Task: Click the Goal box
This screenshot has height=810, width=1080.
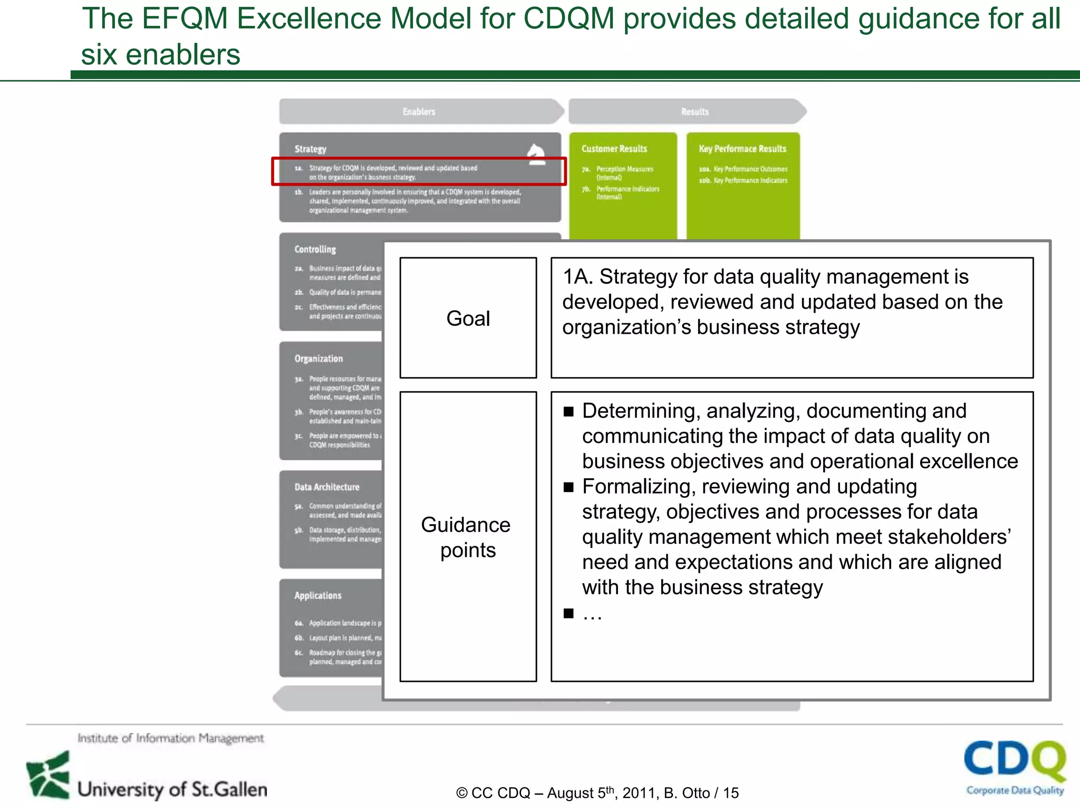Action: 468,318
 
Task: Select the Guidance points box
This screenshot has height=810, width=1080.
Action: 468,536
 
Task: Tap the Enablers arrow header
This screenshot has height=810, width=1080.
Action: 419,112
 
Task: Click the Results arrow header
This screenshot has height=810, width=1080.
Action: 695,112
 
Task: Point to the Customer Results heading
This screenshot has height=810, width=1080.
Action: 614,149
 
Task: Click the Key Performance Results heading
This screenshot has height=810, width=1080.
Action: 742,149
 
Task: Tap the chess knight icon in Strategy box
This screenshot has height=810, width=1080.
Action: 536,155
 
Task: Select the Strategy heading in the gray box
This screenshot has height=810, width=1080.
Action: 310,149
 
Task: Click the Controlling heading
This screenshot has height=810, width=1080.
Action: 315,249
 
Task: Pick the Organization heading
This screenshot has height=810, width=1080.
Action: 319,359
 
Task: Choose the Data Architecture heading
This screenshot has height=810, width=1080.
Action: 327,487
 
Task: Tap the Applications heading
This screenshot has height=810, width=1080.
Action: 318,595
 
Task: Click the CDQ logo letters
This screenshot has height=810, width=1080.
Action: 1014,760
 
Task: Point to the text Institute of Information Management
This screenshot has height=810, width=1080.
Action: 170,738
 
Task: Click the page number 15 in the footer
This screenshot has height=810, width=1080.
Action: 731,793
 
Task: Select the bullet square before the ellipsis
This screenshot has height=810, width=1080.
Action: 568,613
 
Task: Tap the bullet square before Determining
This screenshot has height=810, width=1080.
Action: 568,411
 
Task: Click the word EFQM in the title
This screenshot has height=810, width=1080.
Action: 184,18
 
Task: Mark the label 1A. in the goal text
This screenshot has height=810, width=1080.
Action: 577,276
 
